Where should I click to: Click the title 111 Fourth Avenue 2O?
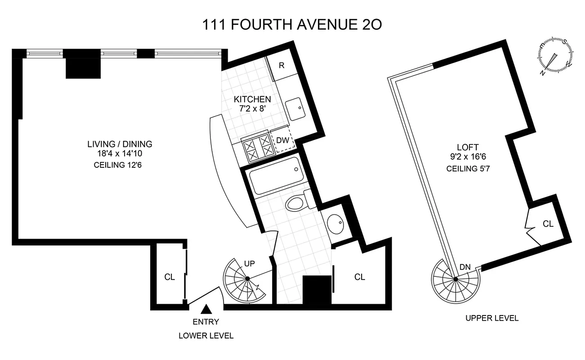(x=292, y=24)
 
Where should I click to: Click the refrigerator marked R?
(x=282, y=66)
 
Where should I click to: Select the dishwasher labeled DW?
(x=282, y=140)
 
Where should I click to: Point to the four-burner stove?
(x=258, y=147)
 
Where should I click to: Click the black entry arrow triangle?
(x=206, y=309)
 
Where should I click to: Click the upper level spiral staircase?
(x=455, y=279)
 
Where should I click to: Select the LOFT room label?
(x=467, y=147)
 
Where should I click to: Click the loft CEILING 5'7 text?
(x=467, y=169)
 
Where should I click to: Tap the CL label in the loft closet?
(x=548, y=224)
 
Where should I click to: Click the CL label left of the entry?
(x=169, y=277)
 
